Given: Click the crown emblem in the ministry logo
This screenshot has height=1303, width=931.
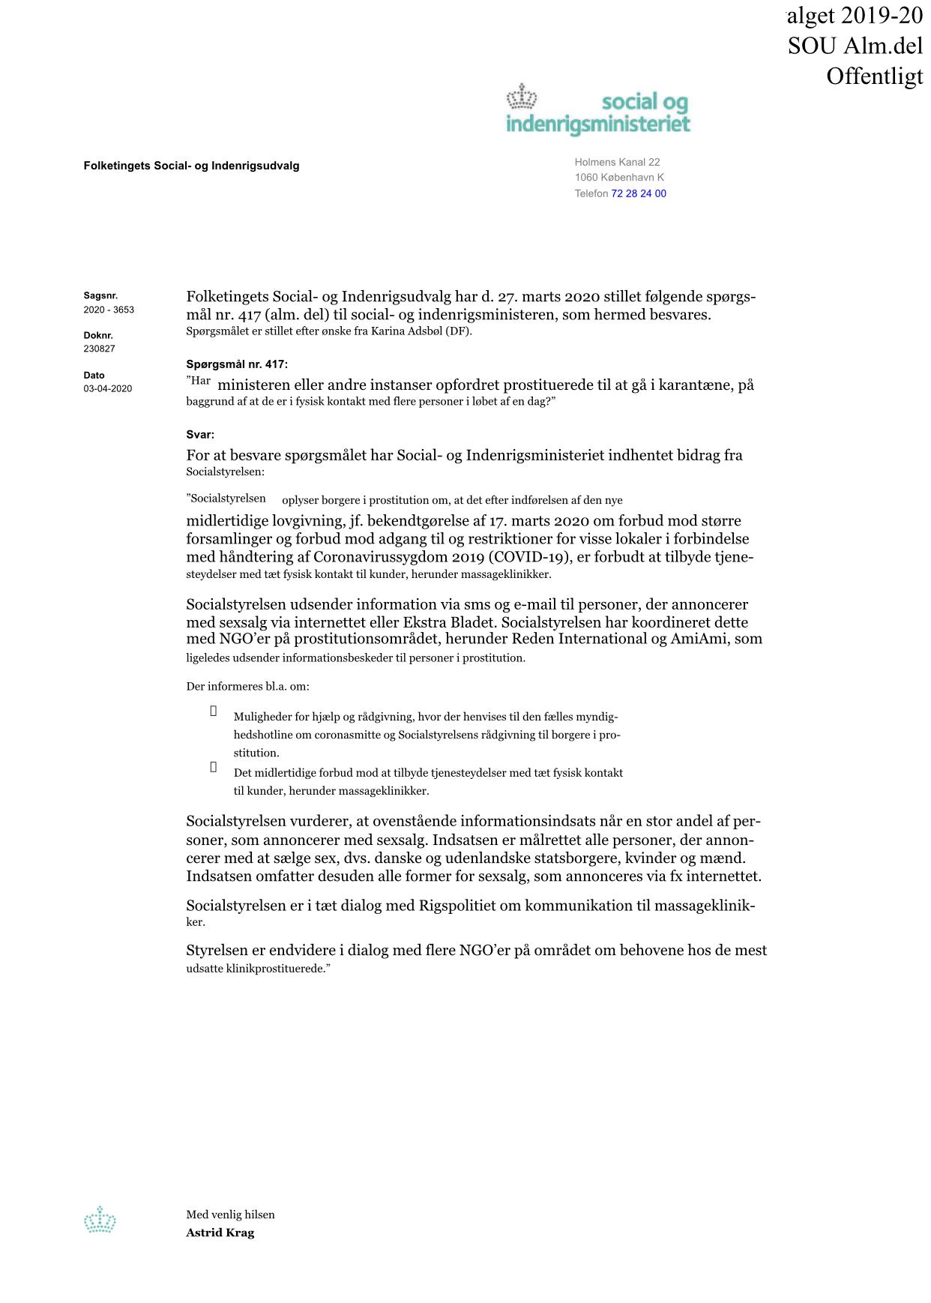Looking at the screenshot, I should [523, 97].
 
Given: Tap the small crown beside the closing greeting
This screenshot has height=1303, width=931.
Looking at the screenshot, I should [100, 1220].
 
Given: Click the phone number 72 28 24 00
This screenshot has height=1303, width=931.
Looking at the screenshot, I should [639, 193].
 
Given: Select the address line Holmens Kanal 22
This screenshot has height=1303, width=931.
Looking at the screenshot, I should [617, 162].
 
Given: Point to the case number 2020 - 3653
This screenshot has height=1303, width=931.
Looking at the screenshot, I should [109, 310].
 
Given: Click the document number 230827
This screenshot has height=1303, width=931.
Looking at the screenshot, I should [99, 349].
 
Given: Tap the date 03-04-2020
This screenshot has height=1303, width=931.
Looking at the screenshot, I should [108, 388].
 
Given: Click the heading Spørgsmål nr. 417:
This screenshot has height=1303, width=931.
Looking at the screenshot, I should [237, 364].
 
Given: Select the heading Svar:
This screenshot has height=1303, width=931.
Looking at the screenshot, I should [200, 434].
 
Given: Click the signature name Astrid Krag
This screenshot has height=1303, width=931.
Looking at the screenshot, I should [220, 1233].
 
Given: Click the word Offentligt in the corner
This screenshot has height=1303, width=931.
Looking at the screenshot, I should [874, 76].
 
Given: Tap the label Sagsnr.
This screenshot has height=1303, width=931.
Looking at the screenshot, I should [100, 295].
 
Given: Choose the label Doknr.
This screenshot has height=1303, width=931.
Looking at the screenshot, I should [98, 335].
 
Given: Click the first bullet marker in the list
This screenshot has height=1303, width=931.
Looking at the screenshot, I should [214, 711].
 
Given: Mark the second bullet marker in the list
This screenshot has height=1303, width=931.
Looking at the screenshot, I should [214, 767].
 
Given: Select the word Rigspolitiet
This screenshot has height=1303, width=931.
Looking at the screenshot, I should [465, 906].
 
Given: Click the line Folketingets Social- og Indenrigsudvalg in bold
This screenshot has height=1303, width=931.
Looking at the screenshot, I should [191, 166].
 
